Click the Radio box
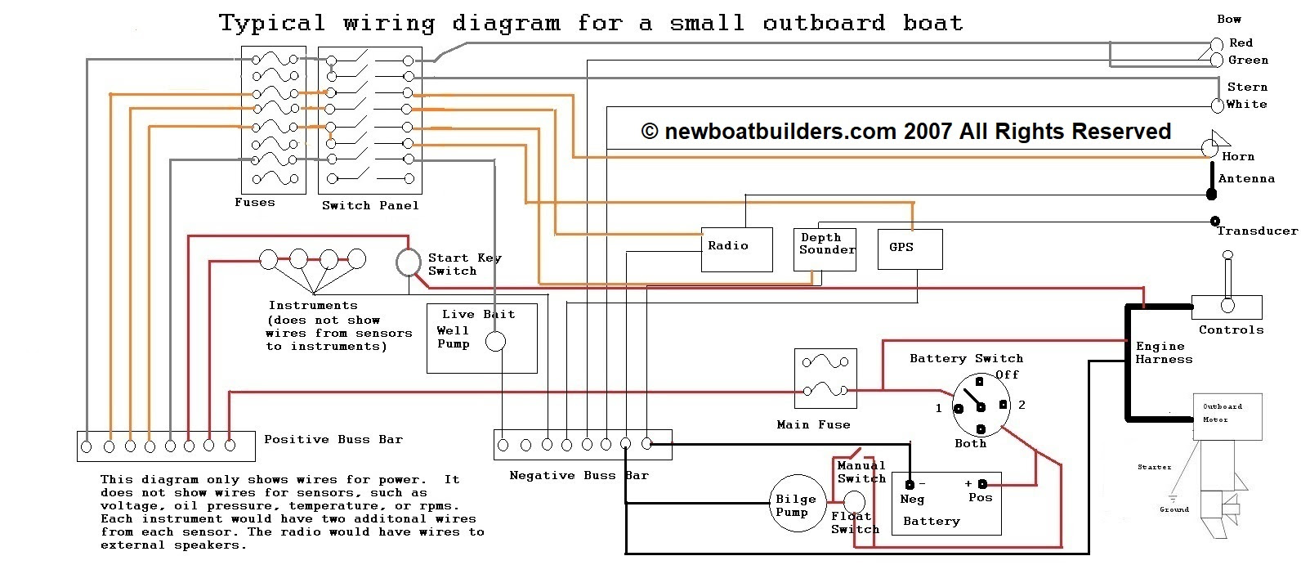736,249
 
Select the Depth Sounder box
825,249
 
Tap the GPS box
910,249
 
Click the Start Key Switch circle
409,262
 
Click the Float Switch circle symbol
854,501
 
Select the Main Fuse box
825,379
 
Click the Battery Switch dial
981,405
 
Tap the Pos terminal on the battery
982,484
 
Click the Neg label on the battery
912,499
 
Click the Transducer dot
1215,221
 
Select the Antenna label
1246,178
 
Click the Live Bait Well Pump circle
495,342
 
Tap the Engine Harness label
1164,352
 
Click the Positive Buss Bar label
333,439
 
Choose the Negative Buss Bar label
579,475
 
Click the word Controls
1231,330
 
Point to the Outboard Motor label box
1228,415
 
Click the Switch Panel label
370,205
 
